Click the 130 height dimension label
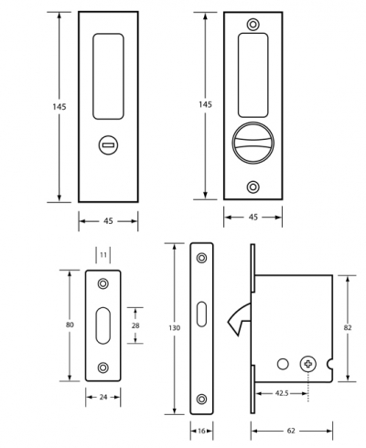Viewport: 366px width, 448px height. (174, 328)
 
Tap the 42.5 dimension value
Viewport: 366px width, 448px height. (282, 393)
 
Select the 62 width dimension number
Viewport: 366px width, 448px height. (291, 431)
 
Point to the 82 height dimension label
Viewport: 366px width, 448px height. (348, 327)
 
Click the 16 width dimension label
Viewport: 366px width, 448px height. (201, 431)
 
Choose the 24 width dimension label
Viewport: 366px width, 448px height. (103, 397)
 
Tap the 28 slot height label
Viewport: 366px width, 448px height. (135, 325)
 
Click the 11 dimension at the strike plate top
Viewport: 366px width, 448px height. (103, 254)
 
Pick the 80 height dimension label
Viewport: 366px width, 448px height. (70, 325)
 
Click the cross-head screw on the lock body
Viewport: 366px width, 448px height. (308, 364)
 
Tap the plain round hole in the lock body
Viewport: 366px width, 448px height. (283, 364)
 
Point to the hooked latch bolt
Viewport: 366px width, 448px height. (239, 319)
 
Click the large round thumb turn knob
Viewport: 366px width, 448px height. (253, 143)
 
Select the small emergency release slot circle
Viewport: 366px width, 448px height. (108, 145)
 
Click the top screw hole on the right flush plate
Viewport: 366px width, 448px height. (253, 24)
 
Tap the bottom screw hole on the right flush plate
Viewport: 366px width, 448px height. (253, 187)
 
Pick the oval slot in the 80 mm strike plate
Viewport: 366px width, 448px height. (103, 325)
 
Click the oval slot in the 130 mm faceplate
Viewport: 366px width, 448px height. (201, 315)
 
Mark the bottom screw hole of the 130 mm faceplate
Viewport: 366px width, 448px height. (201, 399)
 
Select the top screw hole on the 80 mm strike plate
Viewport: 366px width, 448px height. (103, 283)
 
